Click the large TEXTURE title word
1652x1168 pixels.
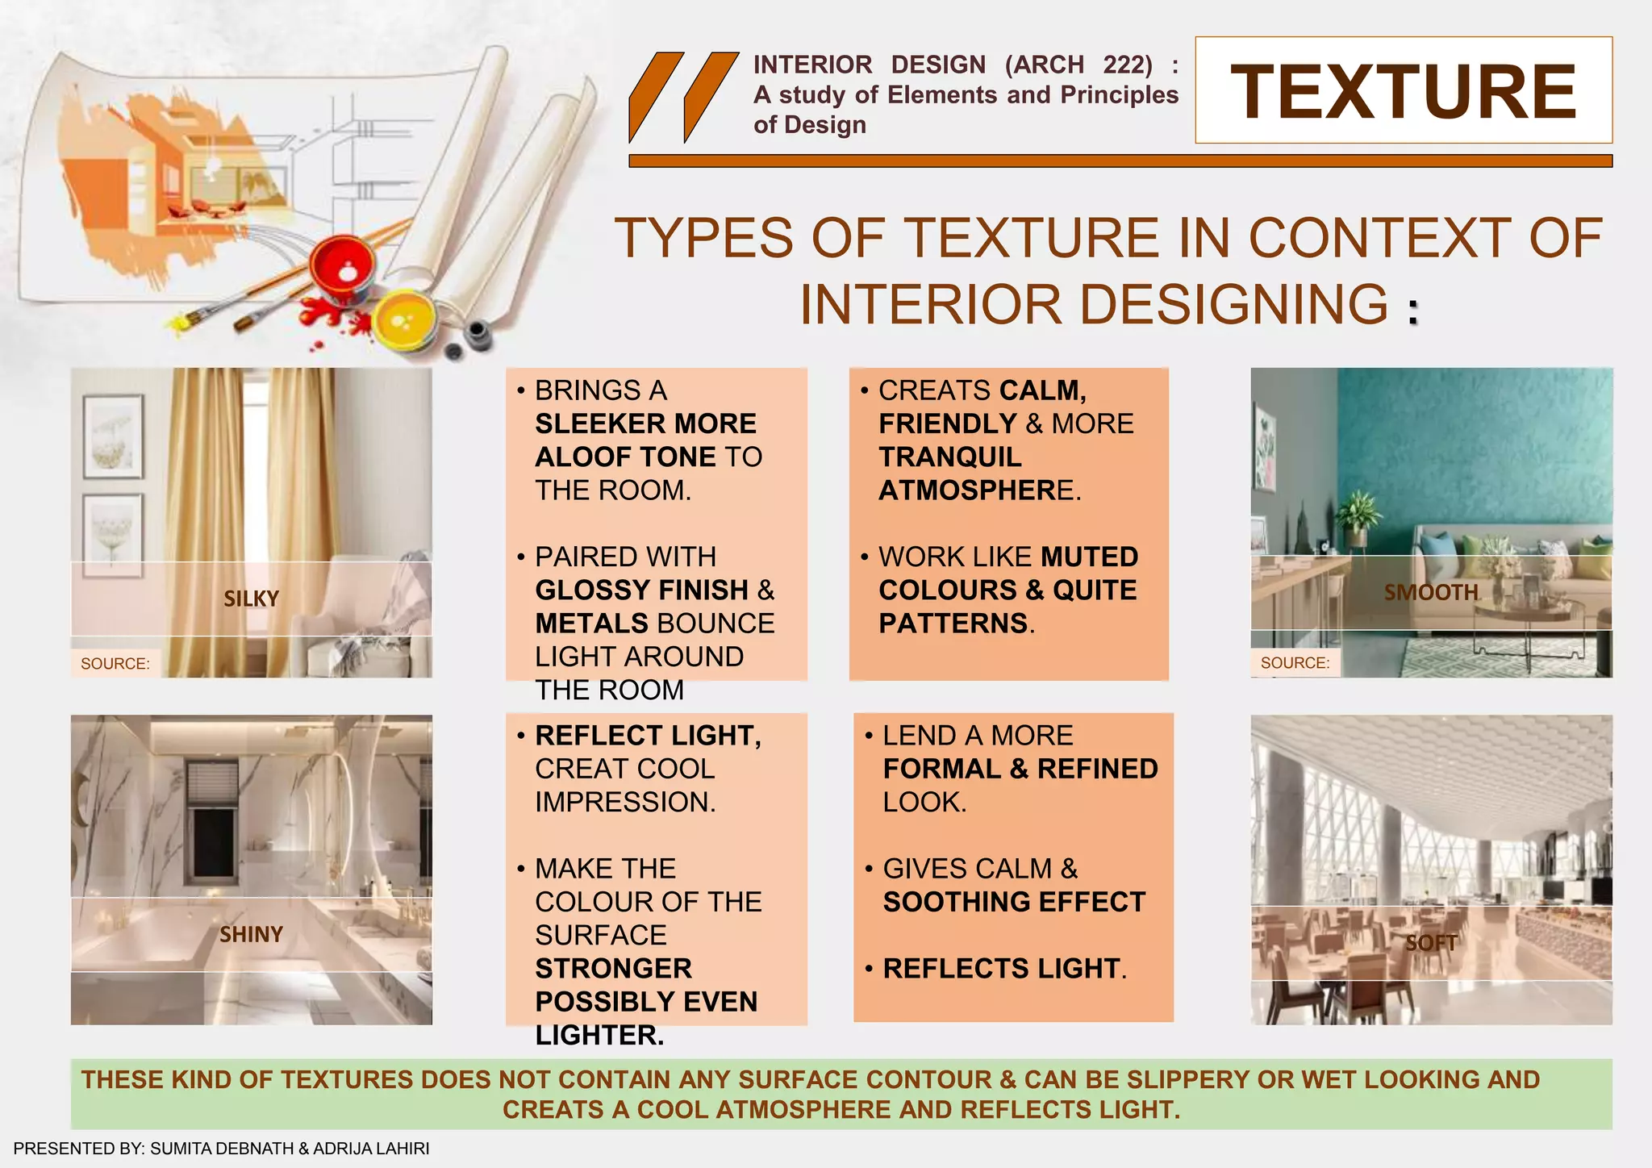click(1403, 92)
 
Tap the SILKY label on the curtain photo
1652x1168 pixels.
click(251, 599)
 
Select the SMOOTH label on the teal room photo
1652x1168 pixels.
click(1431, 593)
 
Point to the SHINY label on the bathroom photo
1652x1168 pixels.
click(251, 934)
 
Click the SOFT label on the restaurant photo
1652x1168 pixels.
click(1431, 942)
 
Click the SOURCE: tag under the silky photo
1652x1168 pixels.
click(115, 664)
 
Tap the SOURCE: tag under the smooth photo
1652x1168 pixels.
click(1295, 663)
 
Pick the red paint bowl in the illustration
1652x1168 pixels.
click(343, 270)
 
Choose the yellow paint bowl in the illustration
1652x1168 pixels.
click(406, 319)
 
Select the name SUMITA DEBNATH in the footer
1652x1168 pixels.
click(222, 1149)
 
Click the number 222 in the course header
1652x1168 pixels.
click(1128, 65)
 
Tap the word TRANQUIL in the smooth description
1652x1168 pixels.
click(949, 457)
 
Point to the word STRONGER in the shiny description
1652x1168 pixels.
click(613, 969)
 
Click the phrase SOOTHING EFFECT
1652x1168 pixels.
click(1014, 902)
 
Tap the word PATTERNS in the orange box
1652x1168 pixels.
click(953, 624)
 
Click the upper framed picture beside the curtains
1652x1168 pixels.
click(113, 436)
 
